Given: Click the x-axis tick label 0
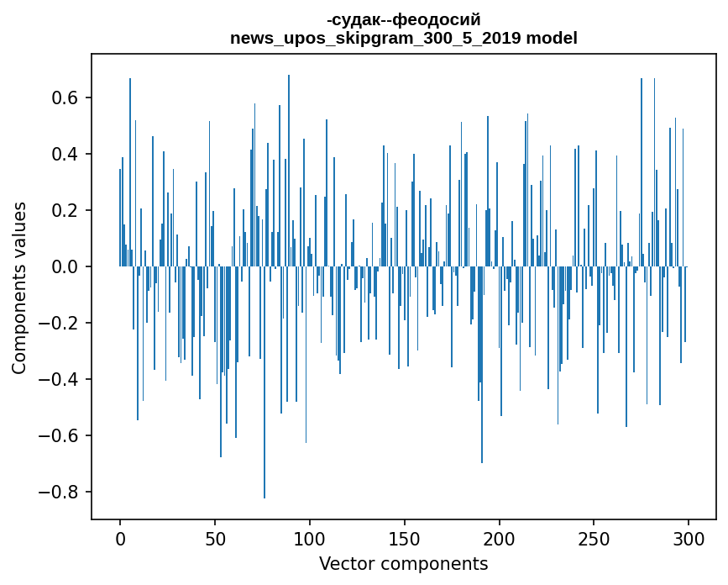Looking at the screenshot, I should tap(120, 537).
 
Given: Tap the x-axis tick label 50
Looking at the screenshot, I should tap(215, 537).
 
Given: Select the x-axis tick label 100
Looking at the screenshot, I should tap(310, 537).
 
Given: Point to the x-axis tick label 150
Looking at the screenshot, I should tap(405, 537).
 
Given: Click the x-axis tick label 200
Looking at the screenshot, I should tap(500, 537).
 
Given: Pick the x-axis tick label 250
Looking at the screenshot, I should tap(594, 537).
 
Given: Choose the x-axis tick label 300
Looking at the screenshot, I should tap(689, 537).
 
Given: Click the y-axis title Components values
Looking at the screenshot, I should tap(19, 287).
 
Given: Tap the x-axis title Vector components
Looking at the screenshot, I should tap(403, 563).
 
